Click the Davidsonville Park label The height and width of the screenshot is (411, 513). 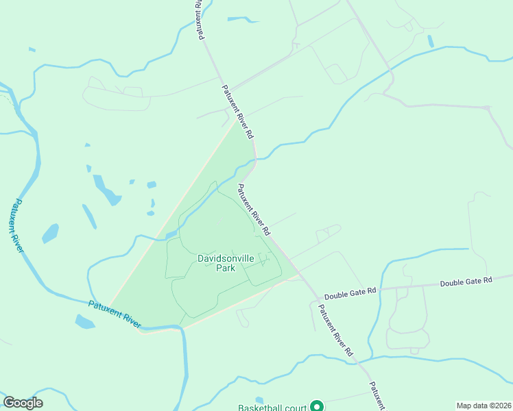(226, 263)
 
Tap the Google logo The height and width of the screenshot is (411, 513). (23, 403)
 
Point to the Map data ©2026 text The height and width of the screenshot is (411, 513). (483, 406)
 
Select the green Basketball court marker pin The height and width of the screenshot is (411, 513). (317, 406)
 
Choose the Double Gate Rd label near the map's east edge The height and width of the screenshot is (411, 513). (466, 282)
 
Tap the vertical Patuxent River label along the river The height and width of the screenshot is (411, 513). (15, 226)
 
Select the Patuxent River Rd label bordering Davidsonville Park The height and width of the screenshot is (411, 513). (254, 206)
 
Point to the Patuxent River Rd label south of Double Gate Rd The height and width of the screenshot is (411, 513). (335, 329)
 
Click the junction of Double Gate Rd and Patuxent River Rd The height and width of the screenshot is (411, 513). (315, 294)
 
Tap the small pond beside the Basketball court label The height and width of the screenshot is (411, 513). (259, 399)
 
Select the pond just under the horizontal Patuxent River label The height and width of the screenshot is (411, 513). (85, 321)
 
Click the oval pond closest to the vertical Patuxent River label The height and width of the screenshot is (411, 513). (50, 234)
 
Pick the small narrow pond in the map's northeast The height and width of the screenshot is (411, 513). (431, 41)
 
